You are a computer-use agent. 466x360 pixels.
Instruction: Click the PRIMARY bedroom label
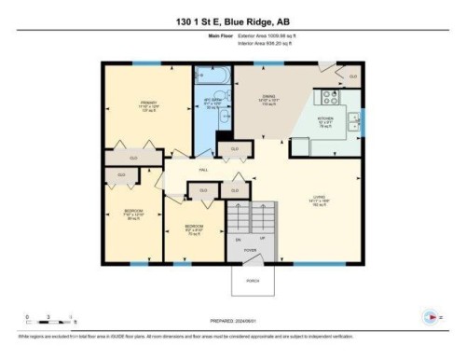point(148,104)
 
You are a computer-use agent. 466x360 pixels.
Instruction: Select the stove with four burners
point(332,97)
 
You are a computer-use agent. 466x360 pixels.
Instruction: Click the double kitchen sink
point(354,118)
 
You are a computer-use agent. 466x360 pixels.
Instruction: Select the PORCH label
point(251,282)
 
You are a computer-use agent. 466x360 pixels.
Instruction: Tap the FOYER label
point(251,251)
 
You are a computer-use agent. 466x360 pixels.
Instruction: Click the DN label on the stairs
point(240,239)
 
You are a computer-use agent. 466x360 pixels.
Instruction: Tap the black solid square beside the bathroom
point(222,145)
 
